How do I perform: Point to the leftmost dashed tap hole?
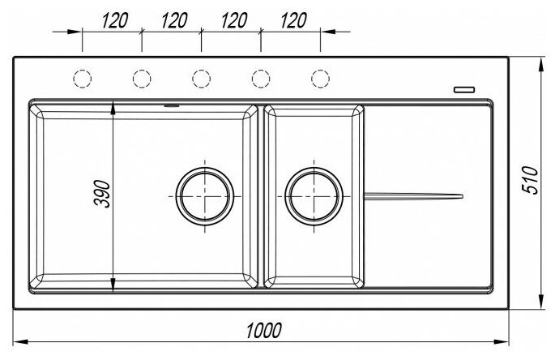point(83,78)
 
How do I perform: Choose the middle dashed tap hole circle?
point(201,78)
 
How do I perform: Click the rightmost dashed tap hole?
point(320,78)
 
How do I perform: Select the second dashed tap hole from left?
point(142,78)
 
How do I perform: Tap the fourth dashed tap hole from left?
point(261,78)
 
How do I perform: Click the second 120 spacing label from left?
point(174,20)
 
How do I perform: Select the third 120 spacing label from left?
point(233,20)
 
